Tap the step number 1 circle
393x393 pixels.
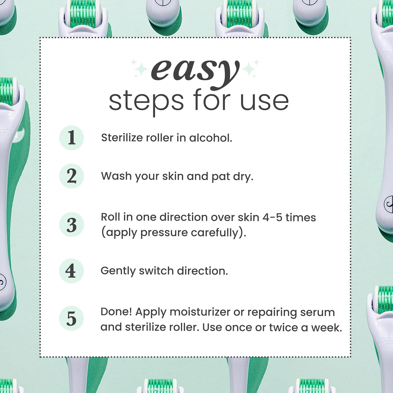pyautogui.click(x=72, y=138)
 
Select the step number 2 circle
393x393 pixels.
pyautogui.click(x=72, y=176)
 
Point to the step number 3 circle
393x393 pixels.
pyautogui.click(x=72, y=225)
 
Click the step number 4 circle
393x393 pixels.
pyautogui.click(x=71, y=271)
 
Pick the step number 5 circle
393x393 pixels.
pyautogui.click(x=71, y=318)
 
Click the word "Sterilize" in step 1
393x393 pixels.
pyautogui.click(x=122, y=138)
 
